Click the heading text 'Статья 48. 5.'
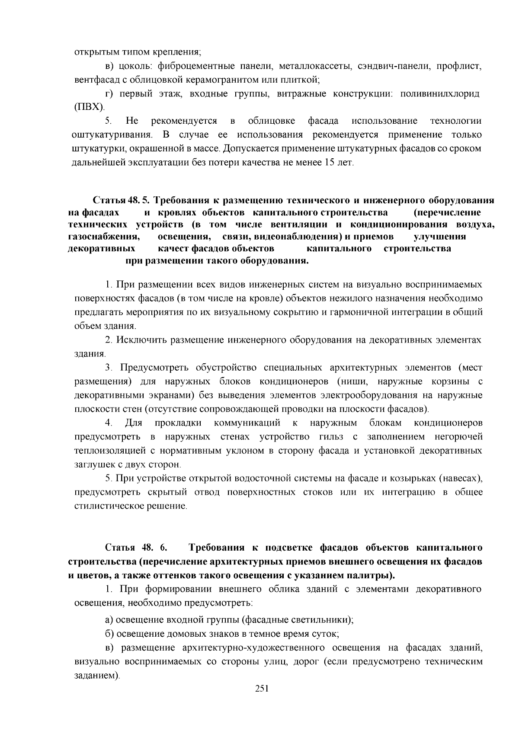pos(121,201)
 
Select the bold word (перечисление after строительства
pos(447,212)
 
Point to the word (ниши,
pos(355,381)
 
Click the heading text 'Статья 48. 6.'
pos(136,548)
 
